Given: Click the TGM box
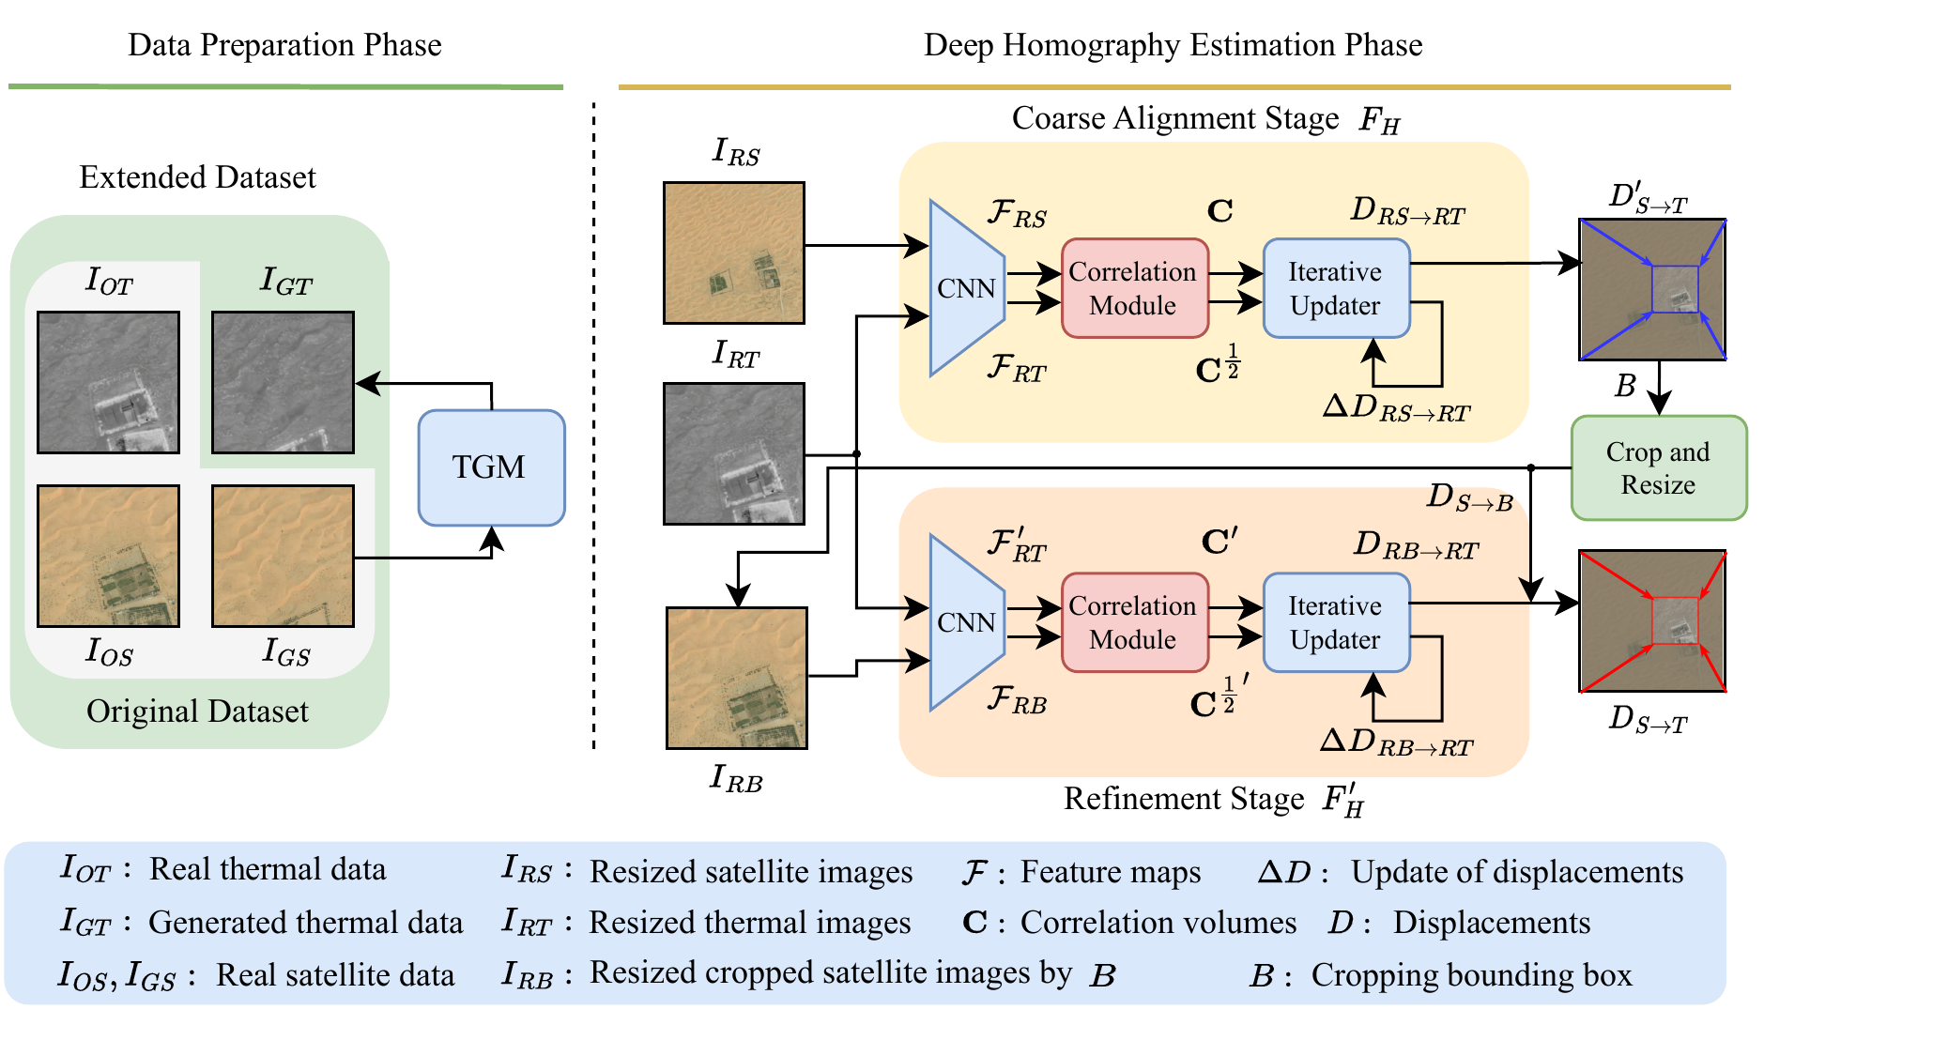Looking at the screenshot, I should tap(491, 467).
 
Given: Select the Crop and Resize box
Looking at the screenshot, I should tap(1658, 468).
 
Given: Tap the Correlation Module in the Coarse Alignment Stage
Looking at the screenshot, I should tap(1134, 288).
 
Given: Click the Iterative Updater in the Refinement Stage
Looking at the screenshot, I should tap(1336, 622).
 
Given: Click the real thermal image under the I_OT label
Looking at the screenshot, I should tap(108, 382).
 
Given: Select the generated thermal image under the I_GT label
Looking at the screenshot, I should tap(283, 382).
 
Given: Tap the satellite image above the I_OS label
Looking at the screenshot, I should tap(108, 556).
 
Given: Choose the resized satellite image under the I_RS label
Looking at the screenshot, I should tap(733, 252).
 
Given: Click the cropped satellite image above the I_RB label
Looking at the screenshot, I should tap(736, 678).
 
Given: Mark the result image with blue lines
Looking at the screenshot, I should tap(1652, 289).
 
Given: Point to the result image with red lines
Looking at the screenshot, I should tap(1652, 621).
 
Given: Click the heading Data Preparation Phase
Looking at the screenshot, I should tap(284, 45).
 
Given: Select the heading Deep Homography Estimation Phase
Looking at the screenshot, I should tap(1173, 45).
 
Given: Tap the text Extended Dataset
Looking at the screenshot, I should tap(197, 177).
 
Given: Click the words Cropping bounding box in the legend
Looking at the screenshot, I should tap(1471, 975).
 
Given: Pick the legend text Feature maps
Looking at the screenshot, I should tap(1110, 872).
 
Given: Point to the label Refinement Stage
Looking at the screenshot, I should tap(1183, 799).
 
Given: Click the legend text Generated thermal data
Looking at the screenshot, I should tap(305, 923).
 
